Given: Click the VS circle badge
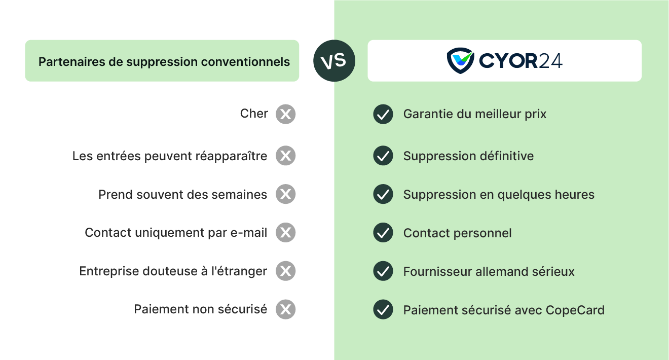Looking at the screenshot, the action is click(334, 61).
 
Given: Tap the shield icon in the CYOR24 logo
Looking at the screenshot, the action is click(460, 60).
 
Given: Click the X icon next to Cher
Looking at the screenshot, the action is click(285, 114).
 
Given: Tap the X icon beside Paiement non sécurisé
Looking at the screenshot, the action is click(285, 309).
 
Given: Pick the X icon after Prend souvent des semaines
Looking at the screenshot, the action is click(285, 194).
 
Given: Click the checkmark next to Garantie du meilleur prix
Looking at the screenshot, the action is click(383, 114).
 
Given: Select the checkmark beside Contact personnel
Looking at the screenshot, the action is click(383, 233).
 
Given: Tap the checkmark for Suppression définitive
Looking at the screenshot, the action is click(383, 156).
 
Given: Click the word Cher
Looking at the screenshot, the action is click(254, 114).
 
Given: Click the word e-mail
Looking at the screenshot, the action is click(249, 233).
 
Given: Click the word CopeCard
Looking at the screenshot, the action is click(575, 310).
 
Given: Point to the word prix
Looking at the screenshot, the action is click(536, 115).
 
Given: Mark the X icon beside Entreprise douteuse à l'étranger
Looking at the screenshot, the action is click(285, 271).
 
